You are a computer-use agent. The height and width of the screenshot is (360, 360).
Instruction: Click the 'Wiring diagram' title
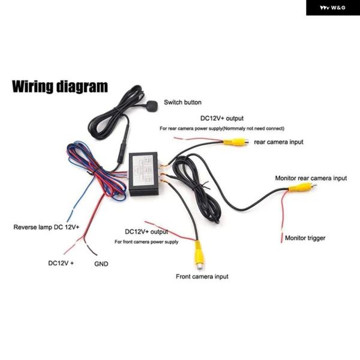point(60,86)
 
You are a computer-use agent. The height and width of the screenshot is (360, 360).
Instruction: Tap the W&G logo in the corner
point(333,8)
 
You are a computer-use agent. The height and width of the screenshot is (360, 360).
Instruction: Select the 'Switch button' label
point(182,103)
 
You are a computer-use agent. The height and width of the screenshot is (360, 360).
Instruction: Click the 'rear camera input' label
point(278,142)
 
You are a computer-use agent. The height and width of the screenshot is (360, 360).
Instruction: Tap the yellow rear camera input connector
point(234,142)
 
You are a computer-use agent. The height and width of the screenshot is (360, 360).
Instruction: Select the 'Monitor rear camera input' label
point(311,178)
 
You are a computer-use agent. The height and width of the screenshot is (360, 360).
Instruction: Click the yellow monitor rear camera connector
point(300,187)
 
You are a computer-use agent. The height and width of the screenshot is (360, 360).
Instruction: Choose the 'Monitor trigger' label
point(305,238)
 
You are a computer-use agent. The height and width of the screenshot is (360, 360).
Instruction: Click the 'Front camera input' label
point(202,277)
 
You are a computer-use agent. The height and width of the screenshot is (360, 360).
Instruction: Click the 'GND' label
point(101,263)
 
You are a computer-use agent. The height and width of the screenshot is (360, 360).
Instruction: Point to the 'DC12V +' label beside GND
point(61,263)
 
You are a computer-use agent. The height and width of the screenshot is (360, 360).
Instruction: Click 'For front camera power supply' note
point(146,242)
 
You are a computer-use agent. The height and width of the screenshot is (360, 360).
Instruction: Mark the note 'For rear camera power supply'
point(221,128)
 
